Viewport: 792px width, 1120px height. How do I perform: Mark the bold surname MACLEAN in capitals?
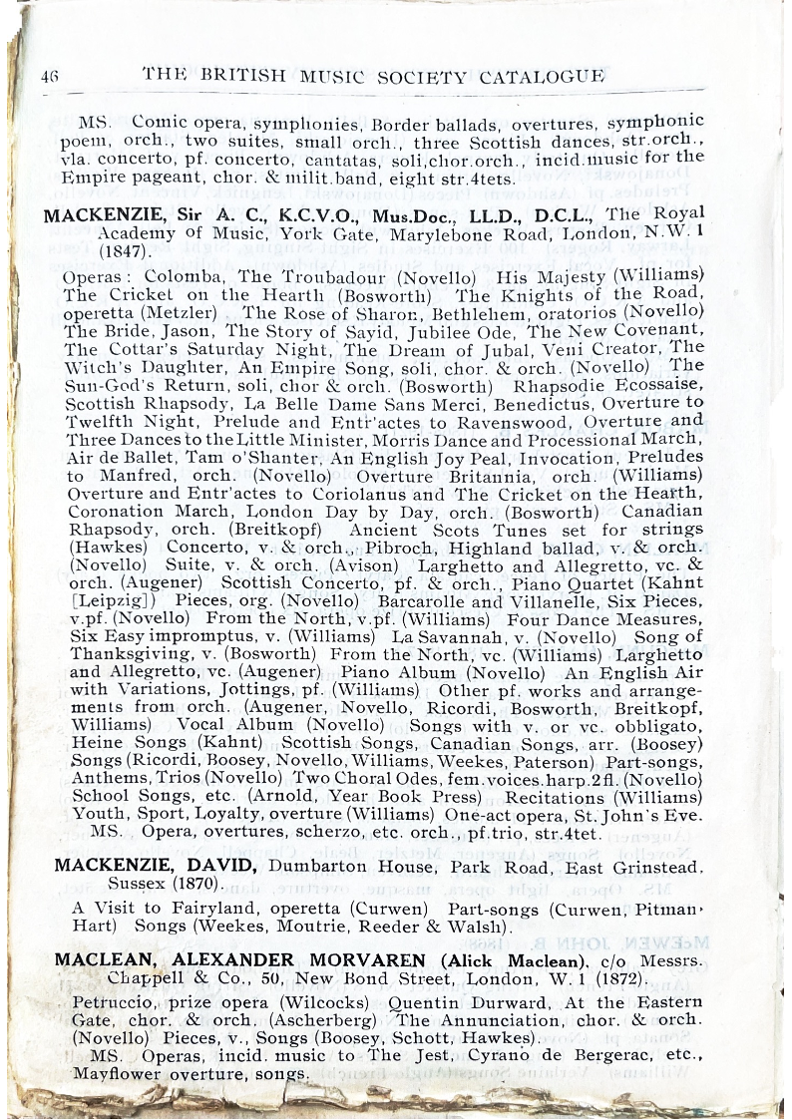click(105, 958)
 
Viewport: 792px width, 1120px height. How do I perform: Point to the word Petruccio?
click(113, 1002)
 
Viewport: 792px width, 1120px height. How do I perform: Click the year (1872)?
click(595, 976)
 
